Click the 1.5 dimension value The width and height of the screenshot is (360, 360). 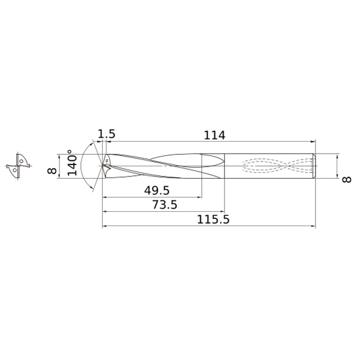coord(106,134)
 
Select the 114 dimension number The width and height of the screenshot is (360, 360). coord(214,135)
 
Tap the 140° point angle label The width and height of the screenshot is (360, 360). coord(72,163)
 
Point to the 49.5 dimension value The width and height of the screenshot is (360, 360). coord(157,190)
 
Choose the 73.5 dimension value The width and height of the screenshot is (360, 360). coord(164,205)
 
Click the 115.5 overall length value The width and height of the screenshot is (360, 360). coord(213,220)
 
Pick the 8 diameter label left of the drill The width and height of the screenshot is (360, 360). coord(52,171)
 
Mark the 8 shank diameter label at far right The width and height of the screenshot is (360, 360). coord(346,179)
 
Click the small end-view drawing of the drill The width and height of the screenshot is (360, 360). coord(18,166)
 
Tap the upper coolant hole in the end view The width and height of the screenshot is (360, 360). coord(21,161)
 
